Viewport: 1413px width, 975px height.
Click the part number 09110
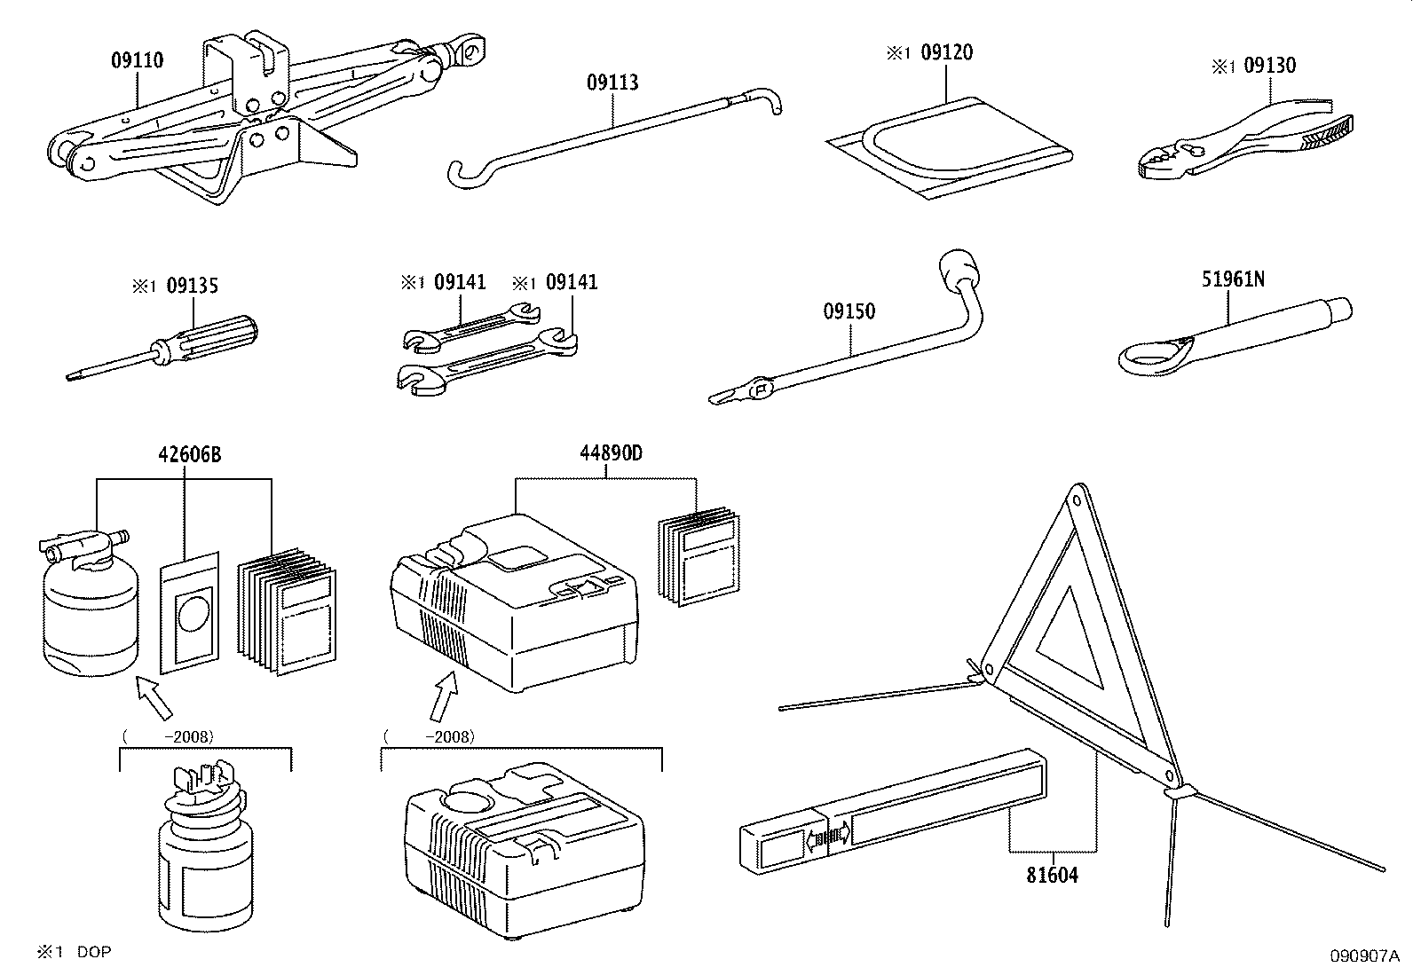tap(137, 60)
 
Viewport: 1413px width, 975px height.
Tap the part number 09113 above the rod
tap(612, 83)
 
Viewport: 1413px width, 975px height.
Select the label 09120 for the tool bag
tap(947, 52)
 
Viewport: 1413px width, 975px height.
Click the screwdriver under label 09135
tap(162, 348)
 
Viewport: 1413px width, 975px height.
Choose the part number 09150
tap(849, 311)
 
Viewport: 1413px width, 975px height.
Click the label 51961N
tap(1233, 279)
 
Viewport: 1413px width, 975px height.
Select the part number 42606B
tap(189, 455)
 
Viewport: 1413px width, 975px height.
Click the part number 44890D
tap(611, 453)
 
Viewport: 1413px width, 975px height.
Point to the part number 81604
tap(1052, 876)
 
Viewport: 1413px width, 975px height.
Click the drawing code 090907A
tap(1364, 956)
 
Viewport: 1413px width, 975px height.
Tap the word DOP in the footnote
tap(94, 952)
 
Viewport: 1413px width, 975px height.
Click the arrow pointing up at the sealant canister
tap(154, 697)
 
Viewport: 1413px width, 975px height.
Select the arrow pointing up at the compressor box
tap(444, 696)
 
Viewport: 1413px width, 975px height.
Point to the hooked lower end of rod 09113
tap(467, 175)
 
